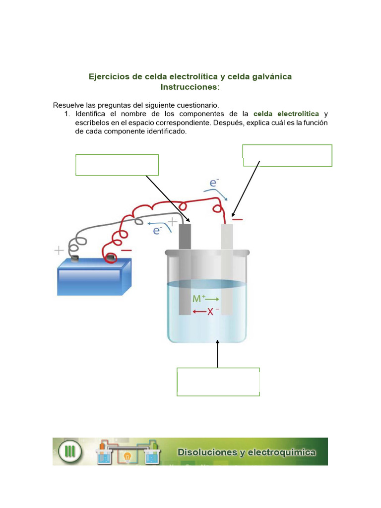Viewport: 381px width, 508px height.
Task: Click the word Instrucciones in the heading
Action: [x=190, y=87]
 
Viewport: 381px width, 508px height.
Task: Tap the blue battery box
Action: [x=94, y=278]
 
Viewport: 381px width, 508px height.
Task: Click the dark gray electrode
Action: [x=185, y=268]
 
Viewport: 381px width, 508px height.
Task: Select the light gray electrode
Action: [x=227, y=268]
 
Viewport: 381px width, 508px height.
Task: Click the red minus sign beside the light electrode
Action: [x=238, y=219]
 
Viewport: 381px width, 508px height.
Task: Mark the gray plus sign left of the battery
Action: [x=59, y=251]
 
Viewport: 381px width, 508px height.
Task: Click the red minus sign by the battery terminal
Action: [x=126, y=251]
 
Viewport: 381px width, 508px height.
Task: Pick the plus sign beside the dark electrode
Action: [x=172, y=221]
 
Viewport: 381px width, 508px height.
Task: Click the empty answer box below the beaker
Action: [x=218, y=381]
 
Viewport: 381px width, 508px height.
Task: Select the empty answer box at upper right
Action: [x=287, y=155]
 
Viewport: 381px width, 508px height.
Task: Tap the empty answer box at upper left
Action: [x=117, y=165]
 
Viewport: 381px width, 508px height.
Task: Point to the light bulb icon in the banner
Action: [x=127, y=455]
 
